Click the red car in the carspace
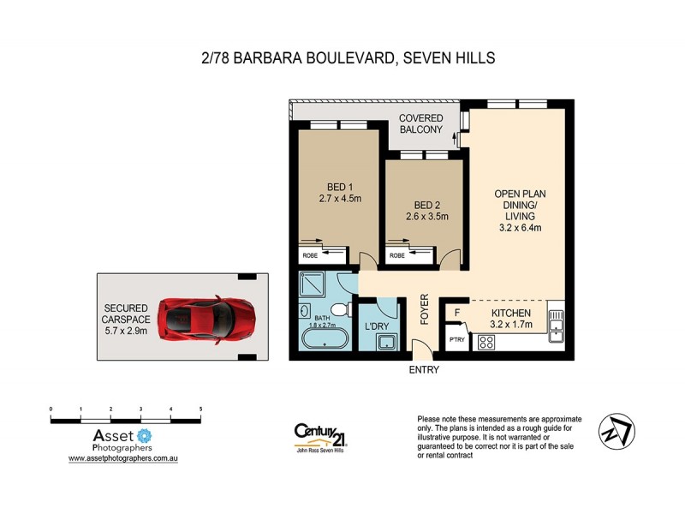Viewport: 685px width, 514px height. [x=208, y=318]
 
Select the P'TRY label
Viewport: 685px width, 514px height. [x=456, y=341]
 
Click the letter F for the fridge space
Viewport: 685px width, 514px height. [x=457, y=314]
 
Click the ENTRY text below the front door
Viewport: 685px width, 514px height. [x=425, y=370]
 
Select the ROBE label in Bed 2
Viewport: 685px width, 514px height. [x=397, y=255]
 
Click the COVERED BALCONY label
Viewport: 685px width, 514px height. [x=420, y=123]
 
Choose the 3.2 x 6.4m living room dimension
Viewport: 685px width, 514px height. [x=519, y=227]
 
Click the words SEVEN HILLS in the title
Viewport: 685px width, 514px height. [x=450, y=58]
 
